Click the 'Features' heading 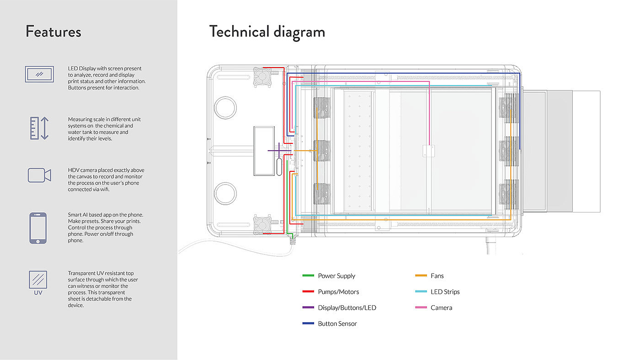53,32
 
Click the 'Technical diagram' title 267,32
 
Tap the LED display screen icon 39,74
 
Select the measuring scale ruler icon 39,128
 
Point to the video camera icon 39,175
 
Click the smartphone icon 38,228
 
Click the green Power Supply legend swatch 309,276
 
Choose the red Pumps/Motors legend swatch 309,292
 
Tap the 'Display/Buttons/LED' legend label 347,308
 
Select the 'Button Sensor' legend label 337,324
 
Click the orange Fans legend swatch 421,276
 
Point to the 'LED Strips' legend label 445,292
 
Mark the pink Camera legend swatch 421,308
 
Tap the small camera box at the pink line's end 428,152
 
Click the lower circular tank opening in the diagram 225,193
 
